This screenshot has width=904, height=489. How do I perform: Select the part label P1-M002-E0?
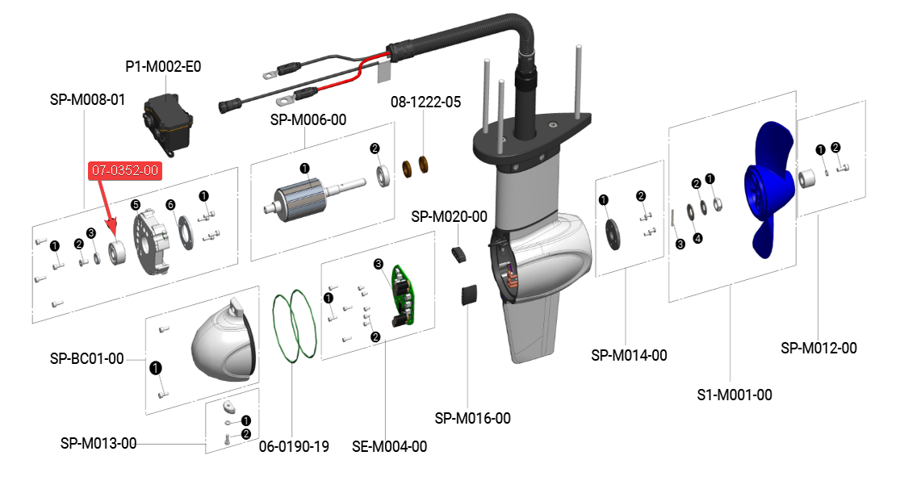(x=163, y=67)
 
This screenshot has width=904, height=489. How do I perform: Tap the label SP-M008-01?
(x=87, y=100)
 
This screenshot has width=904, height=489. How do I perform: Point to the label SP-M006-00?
(x=308, y=119)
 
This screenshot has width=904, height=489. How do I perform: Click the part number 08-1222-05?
(x=425, y=102)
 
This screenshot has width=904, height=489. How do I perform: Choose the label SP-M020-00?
(x=449, y=216)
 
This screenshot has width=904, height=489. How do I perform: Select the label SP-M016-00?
(x=472, y=418)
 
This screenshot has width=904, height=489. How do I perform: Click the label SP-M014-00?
(x=629, y=355)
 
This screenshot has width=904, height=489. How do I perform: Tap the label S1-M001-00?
(x=734, y=395)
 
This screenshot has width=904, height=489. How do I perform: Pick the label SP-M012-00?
(x=818, y=348)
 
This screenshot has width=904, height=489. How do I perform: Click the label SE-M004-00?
(x=390, y=445)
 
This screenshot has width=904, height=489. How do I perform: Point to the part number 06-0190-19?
(x=294, y=445)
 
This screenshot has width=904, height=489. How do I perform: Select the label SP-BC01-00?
(x=87, y=358)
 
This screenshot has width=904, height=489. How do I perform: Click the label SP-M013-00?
(x=98, y=443)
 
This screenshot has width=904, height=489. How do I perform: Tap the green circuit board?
(x=405, y=295)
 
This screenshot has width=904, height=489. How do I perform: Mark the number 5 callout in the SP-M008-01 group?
(x=136, y=204)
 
